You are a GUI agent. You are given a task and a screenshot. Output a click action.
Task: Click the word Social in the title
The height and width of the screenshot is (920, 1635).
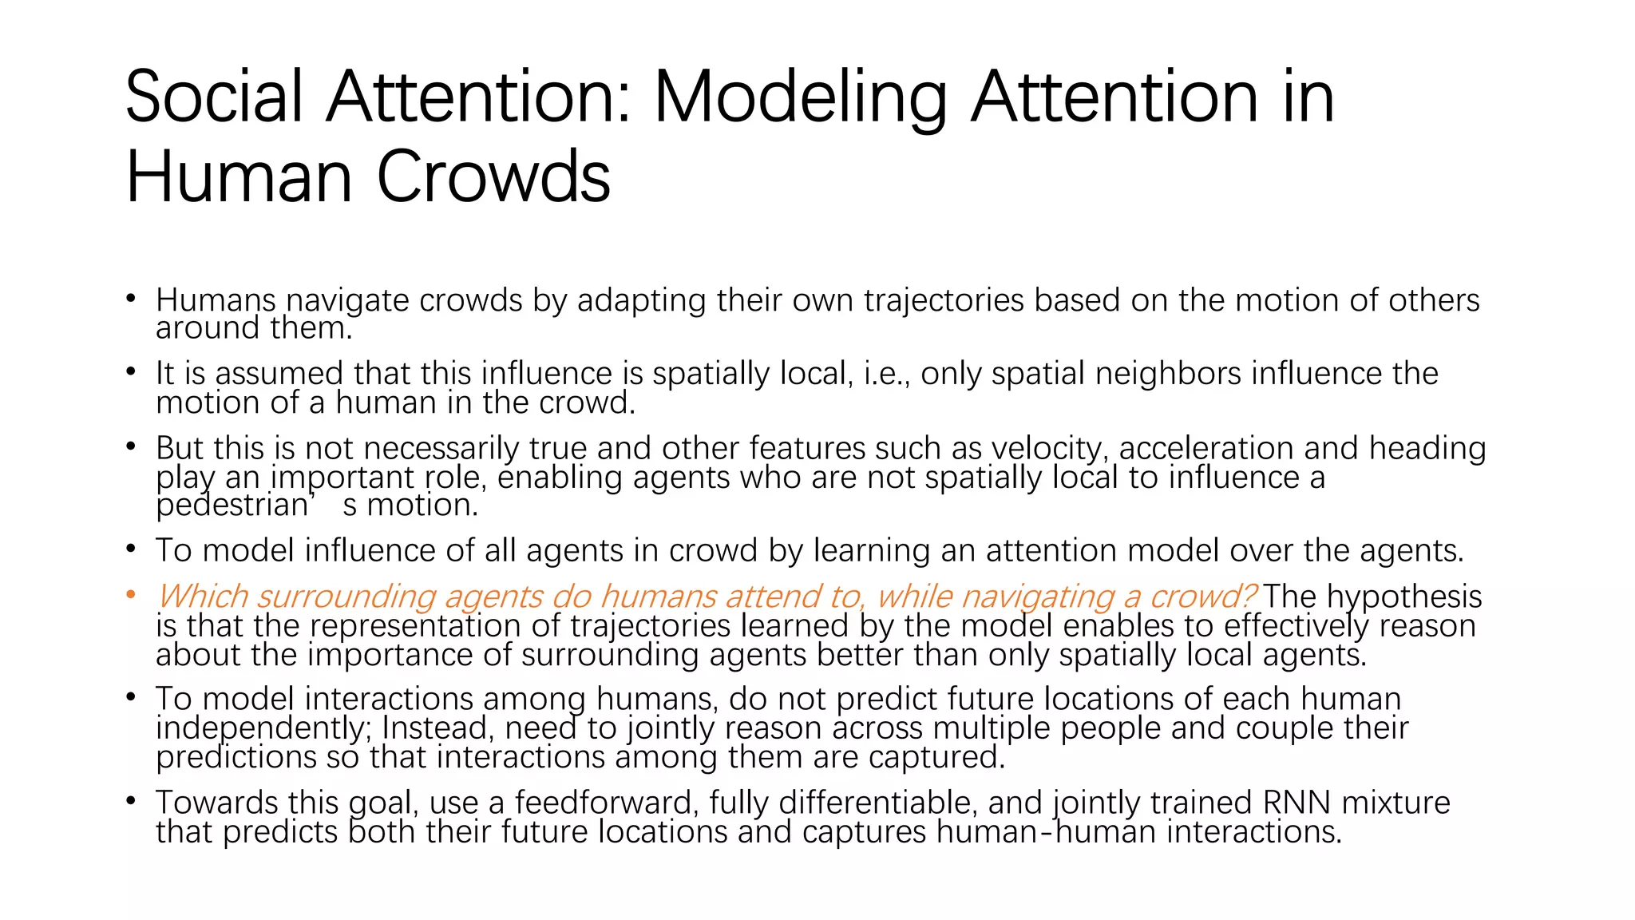click(x=214, y=97)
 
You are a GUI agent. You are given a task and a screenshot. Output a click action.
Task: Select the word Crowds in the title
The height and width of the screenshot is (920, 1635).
click(x=493, y=176)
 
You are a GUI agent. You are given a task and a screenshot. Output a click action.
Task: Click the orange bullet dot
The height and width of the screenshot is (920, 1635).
click(x=131, y=595)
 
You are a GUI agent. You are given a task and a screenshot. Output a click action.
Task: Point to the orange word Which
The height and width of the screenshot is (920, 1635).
click(x=203, y=597)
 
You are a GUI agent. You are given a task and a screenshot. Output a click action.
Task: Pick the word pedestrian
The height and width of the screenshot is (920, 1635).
click(x=232, y=506)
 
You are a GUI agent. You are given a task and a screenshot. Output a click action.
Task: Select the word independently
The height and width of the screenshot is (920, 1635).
click(x=264, y=728)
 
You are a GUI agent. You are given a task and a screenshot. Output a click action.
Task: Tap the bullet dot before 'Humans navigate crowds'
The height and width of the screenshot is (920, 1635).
click(x=131, y=299)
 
